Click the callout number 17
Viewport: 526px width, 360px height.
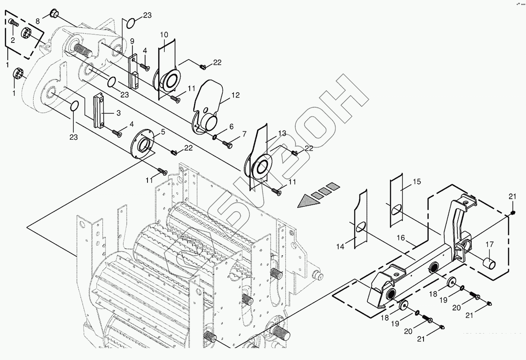point(489,244)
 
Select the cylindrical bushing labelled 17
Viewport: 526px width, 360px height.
point(489,263)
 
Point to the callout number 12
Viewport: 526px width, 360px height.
point(235,95)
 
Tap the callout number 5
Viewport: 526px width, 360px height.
point(163,132)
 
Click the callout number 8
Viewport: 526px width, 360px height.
point(38,21)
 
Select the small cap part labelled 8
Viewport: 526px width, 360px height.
point(54,14)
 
